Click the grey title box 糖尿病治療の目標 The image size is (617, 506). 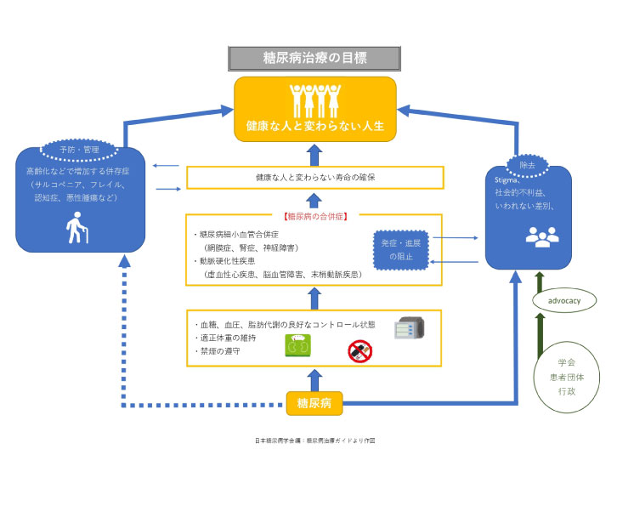coord(314,58)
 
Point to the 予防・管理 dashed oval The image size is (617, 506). coord(79,150)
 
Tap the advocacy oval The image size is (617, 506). coord(564,300)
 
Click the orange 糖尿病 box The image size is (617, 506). coord(314,402)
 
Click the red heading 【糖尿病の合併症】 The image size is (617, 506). coord(315,216)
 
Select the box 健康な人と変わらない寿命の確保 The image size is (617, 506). coord(315,178)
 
